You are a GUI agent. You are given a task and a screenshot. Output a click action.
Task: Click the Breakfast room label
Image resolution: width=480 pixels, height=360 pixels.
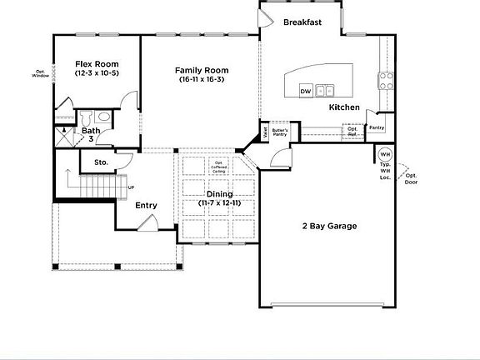coord(303,22)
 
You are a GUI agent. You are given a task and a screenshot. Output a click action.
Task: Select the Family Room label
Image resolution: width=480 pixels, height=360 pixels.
coord(201,70)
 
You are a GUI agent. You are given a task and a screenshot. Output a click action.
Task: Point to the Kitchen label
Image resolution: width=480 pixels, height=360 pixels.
coord(344,107)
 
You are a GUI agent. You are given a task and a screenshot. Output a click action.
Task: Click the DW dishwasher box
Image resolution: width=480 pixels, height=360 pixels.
coord(305,90)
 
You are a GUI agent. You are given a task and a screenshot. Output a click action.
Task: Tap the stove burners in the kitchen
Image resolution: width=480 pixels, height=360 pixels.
coord(387,80)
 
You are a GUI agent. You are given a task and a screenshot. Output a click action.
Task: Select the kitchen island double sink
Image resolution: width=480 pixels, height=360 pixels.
coord(325,90)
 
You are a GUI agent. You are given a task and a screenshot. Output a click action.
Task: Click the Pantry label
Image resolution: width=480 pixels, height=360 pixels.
coord(377,127)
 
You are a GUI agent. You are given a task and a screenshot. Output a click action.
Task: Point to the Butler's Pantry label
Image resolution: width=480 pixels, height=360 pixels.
coord(280,132)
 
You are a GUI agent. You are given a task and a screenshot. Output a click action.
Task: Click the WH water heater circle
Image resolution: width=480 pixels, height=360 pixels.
coord(385,155)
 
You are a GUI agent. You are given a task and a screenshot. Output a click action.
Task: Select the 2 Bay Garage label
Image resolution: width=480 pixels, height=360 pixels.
coord(328,226)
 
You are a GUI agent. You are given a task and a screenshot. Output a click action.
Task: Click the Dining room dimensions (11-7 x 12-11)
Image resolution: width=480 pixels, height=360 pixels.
coord(219,203)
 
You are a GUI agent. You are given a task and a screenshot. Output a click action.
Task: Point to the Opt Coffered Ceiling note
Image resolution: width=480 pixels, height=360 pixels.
coord(219,167)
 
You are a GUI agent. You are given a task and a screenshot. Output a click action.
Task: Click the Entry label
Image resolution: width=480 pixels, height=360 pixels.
coord(146,205)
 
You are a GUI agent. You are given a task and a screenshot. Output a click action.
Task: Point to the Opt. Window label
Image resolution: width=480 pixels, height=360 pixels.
coord(41,73)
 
